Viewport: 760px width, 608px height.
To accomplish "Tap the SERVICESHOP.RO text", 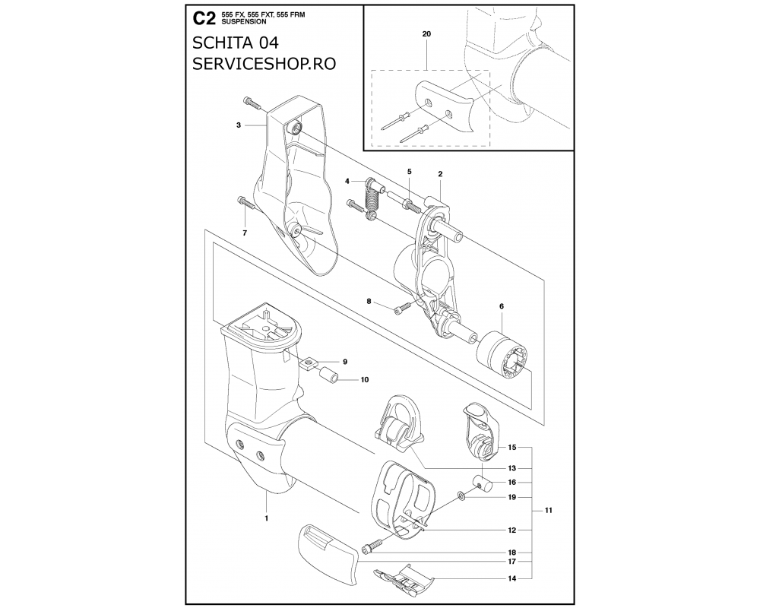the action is [x=264, y=64].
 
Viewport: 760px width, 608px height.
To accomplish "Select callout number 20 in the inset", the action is [x=426, y=34].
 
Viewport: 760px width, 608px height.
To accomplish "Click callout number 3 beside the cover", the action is [x=239, y=125].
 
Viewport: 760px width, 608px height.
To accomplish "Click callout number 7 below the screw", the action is [x=245, y=233].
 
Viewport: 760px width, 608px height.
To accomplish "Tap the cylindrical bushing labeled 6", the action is [x=502, y=353].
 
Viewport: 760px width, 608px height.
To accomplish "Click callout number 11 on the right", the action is [x=549, y=510].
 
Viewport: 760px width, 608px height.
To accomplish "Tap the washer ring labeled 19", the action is [x=460, y=496].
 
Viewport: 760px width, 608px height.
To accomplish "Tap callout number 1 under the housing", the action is [x=267, y=518].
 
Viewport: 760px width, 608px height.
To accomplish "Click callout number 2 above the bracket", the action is [x=440, y=173].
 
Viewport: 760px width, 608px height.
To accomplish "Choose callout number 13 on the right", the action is [x=511, y=468].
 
